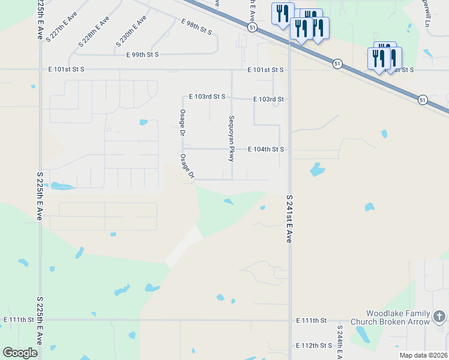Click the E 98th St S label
coord(196,26)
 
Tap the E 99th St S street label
coord(142,55)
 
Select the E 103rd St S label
coord(206,96)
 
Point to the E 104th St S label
coord(266,149)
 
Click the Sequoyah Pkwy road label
coord(231,138)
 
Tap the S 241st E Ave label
coord(289,218)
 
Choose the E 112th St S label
coord(314,346)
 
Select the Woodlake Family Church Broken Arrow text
coord(398,317)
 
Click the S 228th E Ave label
coord(94,32)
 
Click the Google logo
coord(20,352)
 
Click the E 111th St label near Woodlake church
coord(310,321)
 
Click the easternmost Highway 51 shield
coord(423,100)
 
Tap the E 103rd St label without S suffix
coord(268,99)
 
